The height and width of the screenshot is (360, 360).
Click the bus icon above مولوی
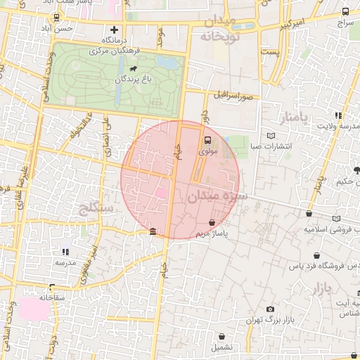tap(208, 139)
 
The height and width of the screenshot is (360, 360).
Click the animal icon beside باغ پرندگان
tap(133, 69)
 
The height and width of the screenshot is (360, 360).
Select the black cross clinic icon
tap(115, 30)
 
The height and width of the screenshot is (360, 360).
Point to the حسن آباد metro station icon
tap(56, 18)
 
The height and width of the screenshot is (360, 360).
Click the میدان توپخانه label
tap(220, 28)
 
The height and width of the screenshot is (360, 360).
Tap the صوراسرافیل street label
tap(232, 94)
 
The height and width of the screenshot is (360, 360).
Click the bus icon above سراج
tap(345, 11)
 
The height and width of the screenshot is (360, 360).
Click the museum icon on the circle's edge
tap(153, 233)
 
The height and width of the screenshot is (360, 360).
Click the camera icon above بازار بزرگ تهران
tap(270, 309)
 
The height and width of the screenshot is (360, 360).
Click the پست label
tap(269, 52)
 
